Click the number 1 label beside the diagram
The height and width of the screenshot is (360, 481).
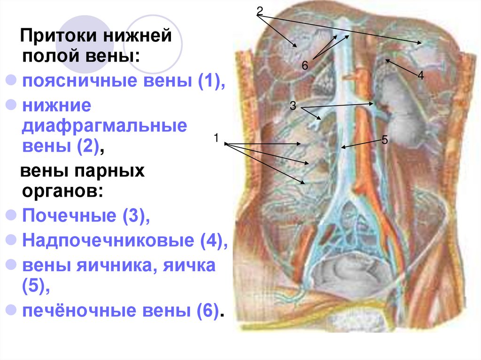pyautogui.click(x=216, y=138)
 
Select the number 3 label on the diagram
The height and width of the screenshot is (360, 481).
pyautogui.click(x=293, y=106)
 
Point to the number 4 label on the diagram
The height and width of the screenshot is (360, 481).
pyautogui.click(x=420, y=75)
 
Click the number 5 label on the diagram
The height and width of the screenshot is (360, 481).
pyautogui.click(x=384, y=139)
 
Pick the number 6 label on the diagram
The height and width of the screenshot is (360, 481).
pyautogui.click(x=304, y=66)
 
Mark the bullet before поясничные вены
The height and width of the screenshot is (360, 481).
pyautogui.click(x=12, y=80)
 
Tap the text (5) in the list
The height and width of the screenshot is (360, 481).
pyautogui.click(x=33, y=286)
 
